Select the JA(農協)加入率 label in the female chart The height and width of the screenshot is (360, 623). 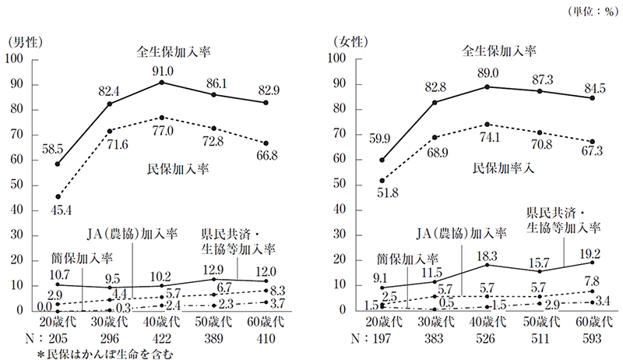pos(461,233)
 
